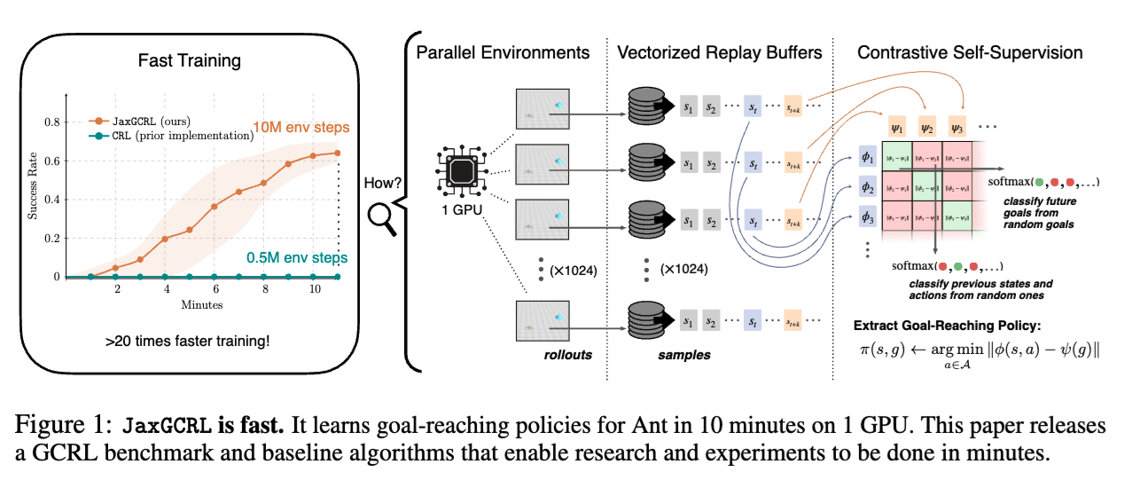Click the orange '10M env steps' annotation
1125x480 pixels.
[x=301, y=127]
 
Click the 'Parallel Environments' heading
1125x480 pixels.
[x=503, y=52]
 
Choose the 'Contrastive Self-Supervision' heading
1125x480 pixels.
[x=970, y=52]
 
